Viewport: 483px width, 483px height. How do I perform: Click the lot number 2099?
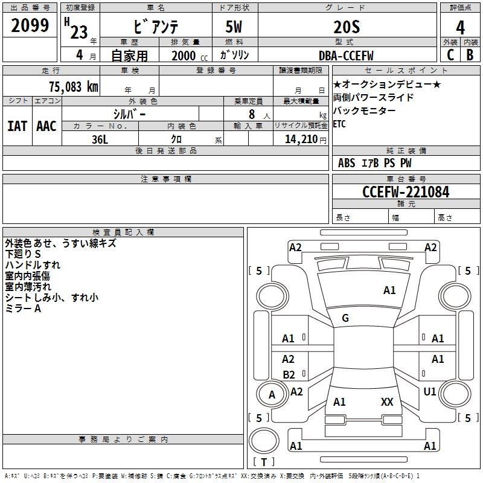[x=30, y=25]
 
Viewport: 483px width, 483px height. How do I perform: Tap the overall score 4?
[x=461, y=28]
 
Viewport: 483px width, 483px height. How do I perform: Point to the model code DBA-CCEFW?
[x=346, y=56]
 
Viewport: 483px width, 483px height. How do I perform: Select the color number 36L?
[x=100, y=139]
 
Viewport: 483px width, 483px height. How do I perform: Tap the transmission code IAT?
[x=17, y=126]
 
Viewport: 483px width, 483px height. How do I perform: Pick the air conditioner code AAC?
[x=46, y=126]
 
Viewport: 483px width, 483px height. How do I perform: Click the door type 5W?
[x=234, y=28]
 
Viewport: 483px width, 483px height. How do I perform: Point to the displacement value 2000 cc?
[x=187, y=56]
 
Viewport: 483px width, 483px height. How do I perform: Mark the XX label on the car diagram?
[x=387, y=402]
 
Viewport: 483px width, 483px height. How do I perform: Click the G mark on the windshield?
[x=345, y=318]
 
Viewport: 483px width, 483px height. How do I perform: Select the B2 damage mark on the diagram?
[x=289, y=374]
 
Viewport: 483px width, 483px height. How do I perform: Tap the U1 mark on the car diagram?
[x=430, y=392]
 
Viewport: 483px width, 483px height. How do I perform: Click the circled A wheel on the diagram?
[x=272, y=395]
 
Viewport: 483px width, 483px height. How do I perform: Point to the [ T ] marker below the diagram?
[x=264, y=462]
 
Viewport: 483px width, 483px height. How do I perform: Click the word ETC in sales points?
[x=341, y=124]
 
